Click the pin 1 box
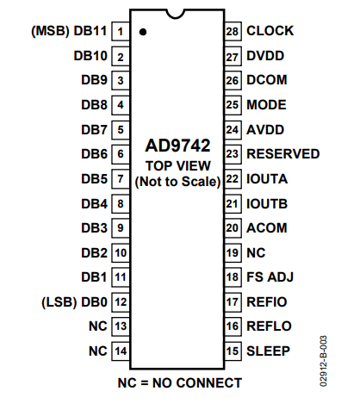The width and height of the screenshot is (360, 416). (121, 31)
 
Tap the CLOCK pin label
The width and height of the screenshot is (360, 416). (270, 31)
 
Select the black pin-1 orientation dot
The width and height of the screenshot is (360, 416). (143, 32)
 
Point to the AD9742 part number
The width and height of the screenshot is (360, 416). (178, 146)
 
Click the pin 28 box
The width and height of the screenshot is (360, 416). (233, 31)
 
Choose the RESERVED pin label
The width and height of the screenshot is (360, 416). (283, 154)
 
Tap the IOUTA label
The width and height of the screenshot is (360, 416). (267, 179)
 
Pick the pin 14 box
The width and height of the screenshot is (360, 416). (121, 351)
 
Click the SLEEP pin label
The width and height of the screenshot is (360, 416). (269, 351)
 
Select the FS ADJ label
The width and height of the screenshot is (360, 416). (270, 277)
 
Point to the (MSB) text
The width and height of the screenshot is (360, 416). (50, 31)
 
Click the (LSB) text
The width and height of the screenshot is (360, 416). (59, 302)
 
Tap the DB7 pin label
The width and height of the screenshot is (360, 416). (95, 130)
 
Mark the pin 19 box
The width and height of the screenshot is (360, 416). (233, 253)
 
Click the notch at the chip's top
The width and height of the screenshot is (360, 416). (176, 16)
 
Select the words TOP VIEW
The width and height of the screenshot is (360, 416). (178, 166)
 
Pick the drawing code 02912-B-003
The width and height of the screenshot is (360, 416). (323, 361)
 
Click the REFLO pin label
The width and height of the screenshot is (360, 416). (270, 326)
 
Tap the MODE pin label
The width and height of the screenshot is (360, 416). (266, 105)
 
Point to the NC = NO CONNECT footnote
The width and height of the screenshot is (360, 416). (180, 383)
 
